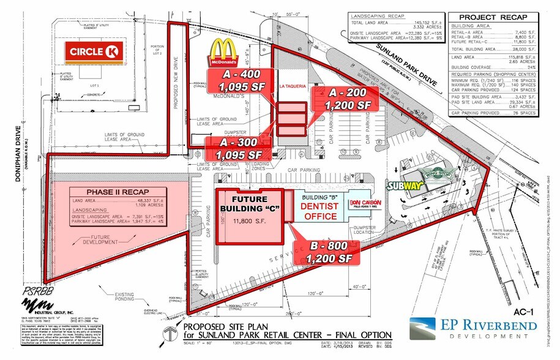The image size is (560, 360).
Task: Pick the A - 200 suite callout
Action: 347,99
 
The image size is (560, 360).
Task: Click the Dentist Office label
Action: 319,211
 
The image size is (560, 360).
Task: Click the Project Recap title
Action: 493,18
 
